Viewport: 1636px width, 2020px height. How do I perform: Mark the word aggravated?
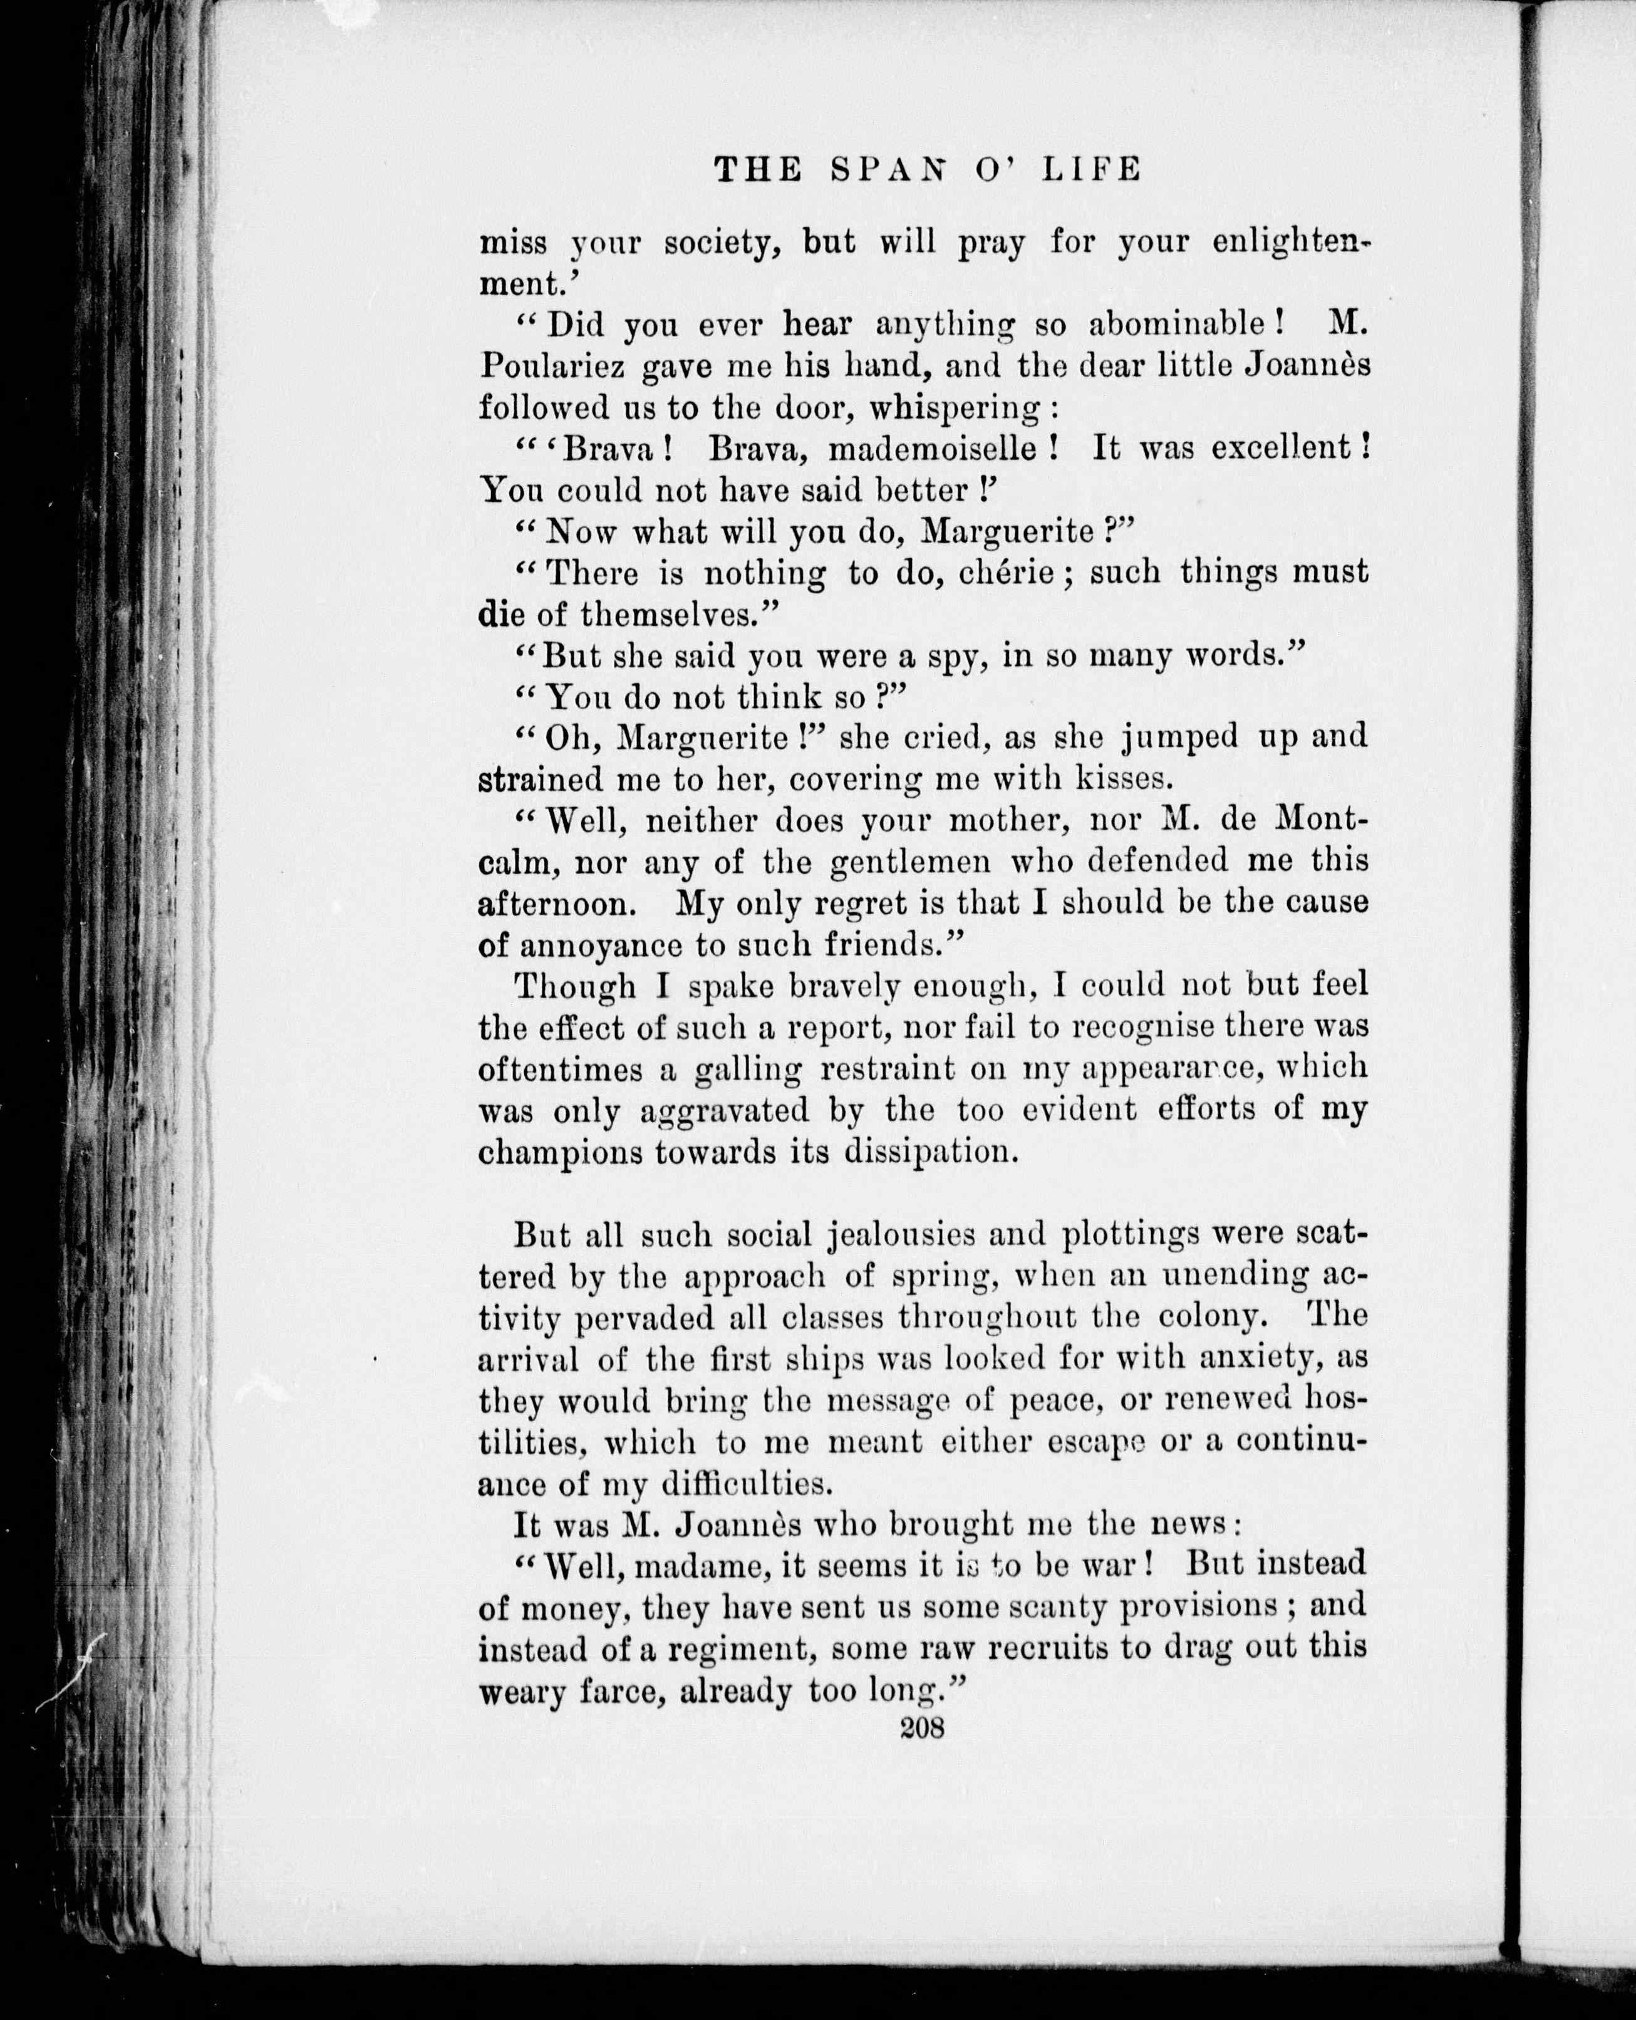(x=724, y=1110)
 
